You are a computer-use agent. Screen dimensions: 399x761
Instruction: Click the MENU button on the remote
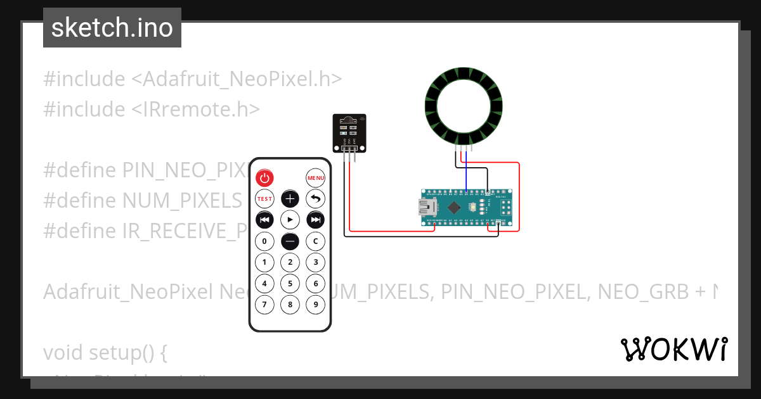(315, 178)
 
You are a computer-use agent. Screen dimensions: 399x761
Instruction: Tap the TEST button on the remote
(264, 199)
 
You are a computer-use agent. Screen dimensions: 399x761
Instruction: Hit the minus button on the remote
(290, 241)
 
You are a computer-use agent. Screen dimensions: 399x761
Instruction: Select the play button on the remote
(290, 220)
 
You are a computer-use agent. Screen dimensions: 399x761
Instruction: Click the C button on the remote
(315, 241)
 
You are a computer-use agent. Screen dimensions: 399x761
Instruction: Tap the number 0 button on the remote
(264, 241)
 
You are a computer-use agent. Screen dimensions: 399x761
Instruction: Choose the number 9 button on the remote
(315, 304)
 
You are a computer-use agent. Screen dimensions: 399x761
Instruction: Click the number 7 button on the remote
(264, 304)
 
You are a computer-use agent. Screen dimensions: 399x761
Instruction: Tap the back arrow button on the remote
(315, 199)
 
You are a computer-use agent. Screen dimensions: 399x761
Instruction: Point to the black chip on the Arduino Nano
(454, 207)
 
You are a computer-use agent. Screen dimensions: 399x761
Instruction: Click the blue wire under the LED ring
(467, 171)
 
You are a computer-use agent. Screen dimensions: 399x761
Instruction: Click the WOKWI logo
(673, 349)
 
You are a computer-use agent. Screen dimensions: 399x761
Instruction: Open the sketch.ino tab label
(112, 28)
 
